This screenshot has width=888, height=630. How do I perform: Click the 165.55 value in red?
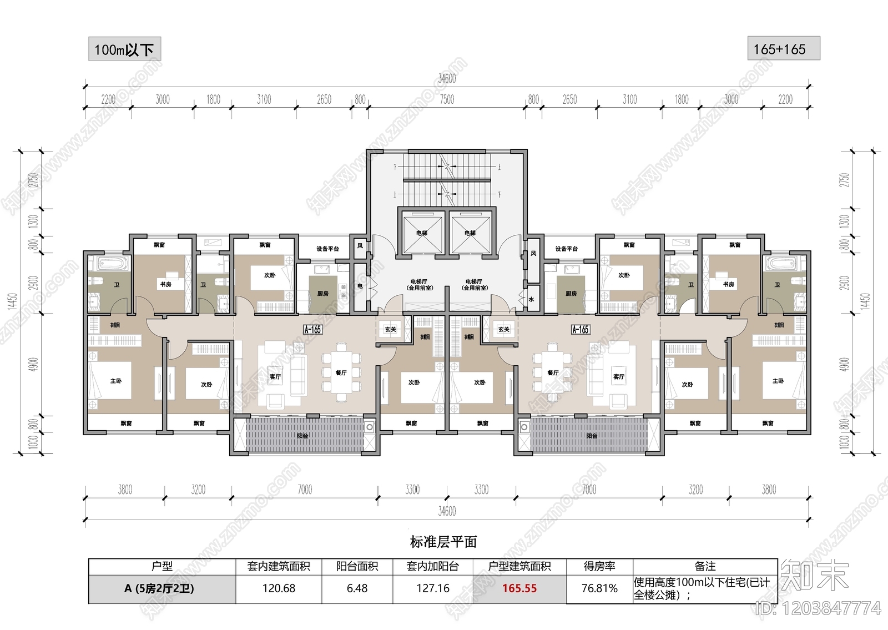click(519, 588)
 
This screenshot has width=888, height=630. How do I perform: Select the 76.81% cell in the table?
click(599, 588)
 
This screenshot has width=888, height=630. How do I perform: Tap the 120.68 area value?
click(279, 588)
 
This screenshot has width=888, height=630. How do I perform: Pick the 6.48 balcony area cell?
click(357, 588)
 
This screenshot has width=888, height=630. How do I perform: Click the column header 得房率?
click(599, 566)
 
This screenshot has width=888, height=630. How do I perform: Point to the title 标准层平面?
click(443, 542)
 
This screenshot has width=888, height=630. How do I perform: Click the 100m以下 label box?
click(124, 49)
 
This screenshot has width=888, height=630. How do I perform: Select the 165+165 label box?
click(783, 49)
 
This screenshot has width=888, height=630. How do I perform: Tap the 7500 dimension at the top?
click(447, 99)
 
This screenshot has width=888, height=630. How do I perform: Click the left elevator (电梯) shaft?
click(422, 233)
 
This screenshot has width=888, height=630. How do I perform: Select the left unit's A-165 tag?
click(312, 329)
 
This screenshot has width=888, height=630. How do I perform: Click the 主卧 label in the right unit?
click(778, 381)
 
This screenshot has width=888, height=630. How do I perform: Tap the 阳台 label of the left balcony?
click(302, 436)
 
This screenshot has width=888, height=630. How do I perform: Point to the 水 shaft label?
click(532, 299)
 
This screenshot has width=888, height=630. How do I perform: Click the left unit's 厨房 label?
click(322, 293)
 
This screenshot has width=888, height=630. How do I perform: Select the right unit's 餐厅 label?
click(553, 372)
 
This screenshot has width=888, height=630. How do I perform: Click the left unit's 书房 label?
click(166, 284)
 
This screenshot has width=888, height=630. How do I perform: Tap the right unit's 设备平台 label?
click(567, 249)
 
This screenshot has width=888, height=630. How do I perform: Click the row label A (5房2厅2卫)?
click(159, 588)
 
